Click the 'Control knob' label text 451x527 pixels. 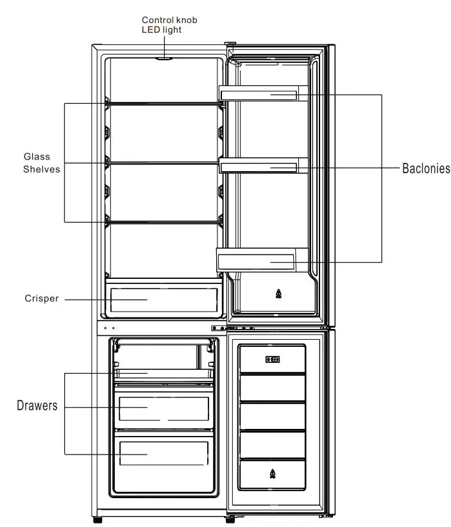(169, 21)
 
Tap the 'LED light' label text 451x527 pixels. (162, 30)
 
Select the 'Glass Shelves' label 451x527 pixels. (42, 163)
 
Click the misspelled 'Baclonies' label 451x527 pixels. (426, 169)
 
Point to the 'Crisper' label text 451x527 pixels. (42, 299)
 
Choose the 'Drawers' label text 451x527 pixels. (37, 406)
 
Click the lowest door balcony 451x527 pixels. (257, 260)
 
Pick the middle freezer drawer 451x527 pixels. (163, 408)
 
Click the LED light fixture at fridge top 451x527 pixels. (164, 57)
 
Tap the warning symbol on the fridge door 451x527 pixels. (278, 294)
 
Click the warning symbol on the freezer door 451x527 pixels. (272, 474)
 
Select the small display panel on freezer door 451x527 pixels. (272, 360)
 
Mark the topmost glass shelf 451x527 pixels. (164, 102)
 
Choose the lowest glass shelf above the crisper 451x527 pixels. (164, 222)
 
